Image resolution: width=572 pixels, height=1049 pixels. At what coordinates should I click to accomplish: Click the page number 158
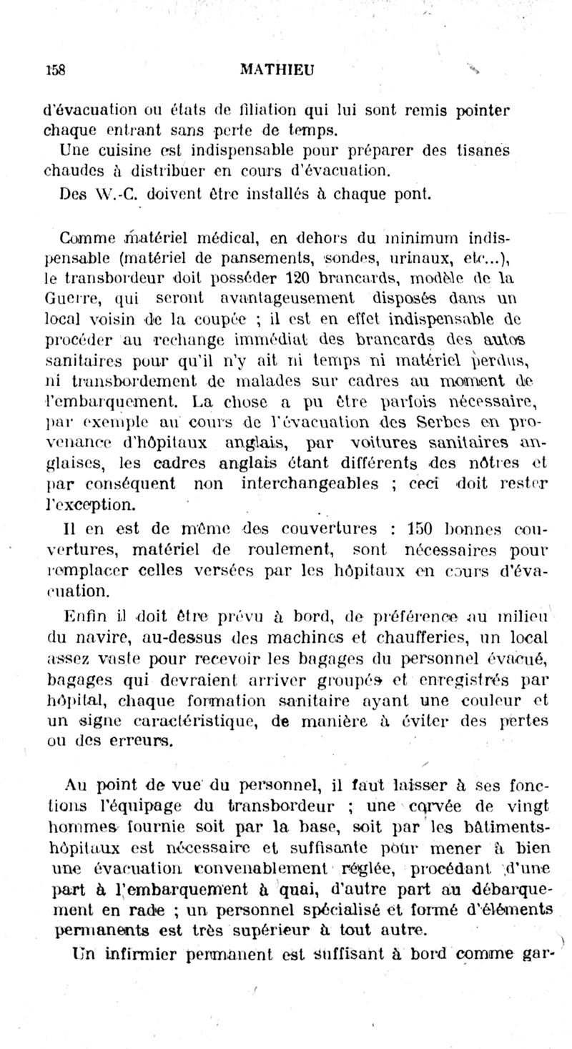[55, 70]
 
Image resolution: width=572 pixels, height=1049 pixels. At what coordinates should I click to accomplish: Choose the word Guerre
[66, 295]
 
